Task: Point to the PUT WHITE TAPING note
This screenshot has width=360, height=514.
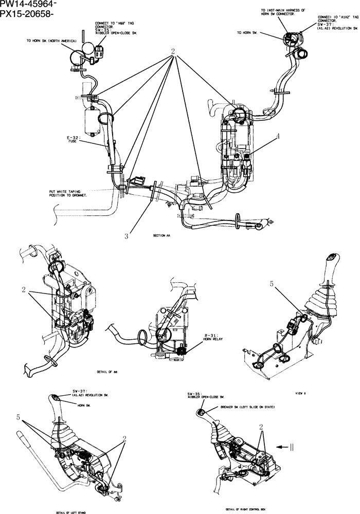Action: click(x=64, y=193)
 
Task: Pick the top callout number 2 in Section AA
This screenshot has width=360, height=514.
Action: click(x=173, y=52)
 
